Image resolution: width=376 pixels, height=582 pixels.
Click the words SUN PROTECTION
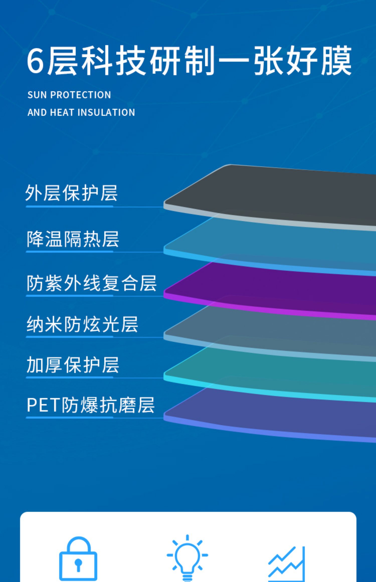[69, 95]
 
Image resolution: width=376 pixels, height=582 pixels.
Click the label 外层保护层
[71, 193]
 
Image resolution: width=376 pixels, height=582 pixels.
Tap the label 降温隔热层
[73, 239]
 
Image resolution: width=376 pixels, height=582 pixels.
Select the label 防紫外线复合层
[91, 283]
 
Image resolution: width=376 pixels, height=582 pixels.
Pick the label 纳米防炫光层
[82, 324]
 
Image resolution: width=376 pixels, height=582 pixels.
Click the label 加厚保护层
[73, 365]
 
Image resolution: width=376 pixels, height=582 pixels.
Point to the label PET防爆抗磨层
[90, 405]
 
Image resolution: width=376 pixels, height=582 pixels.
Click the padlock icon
[78, 559]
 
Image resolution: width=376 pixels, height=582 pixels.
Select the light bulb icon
[187, 558]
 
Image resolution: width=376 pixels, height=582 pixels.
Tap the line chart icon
[287, 564]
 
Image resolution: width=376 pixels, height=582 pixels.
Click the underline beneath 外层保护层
[69, 207]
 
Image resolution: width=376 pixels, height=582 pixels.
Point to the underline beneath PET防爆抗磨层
[69, 418]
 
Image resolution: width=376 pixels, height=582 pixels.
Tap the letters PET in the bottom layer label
[44, 405]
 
